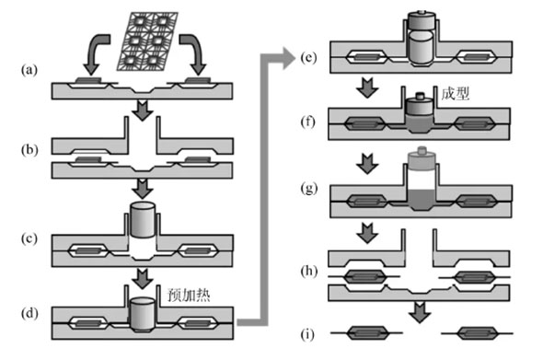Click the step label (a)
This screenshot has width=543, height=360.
tap(29, 70)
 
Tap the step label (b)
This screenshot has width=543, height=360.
tap(29, 150)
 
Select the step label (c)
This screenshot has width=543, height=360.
tap(29, 238)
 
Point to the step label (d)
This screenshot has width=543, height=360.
tap(29, 314)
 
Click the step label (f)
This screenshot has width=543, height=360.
tap(308, 122)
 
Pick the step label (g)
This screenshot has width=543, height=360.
tap(308, 189)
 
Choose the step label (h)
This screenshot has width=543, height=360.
tap(308, 272)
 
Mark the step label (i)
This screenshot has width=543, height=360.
tap(307, 335)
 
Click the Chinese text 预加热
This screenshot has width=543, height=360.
tap(189, 295)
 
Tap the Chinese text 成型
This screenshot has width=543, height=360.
tap(455, 94)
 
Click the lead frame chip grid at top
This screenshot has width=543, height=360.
tap(147, 41)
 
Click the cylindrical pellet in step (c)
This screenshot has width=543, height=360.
tap(143, 220)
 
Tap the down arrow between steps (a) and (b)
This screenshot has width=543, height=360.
tap(143, 110)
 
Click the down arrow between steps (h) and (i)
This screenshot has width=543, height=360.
tap(420, 312)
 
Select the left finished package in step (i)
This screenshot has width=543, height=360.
tap(366, 333)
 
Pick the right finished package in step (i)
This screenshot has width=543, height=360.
tap(477, 333)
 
